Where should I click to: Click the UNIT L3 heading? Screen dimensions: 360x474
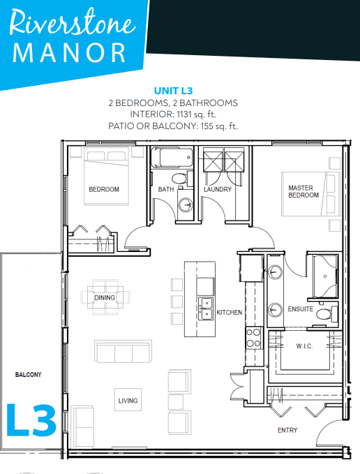tap(173, 91)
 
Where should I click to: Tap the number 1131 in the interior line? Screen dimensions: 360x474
tap(184, 114)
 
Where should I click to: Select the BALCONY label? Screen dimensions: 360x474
tap(29, 375)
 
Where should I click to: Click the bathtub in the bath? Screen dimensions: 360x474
tap(172, 157)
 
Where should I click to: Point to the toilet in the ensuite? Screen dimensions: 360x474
tap(327, 314)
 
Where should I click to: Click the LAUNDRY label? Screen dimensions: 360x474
tap(218, 190)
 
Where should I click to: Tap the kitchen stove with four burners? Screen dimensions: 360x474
tap(254, 338)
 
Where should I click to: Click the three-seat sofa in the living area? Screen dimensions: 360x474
tap(123, 351)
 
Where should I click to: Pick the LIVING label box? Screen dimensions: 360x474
tap(128, 399)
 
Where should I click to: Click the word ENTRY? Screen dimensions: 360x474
tap(287, 430)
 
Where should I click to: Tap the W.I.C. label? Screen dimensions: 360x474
tap(304, 346)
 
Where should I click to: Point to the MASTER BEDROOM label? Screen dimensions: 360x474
tap(303, 192)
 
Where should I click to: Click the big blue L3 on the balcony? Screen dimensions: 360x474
tap(31, 420)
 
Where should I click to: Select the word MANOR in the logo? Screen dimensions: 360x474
tap(69, 53)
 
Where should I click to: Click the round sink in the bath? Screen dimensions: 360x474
tap(185, 205)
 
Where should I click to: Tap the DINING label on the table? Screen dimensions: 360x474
tap(105, 298)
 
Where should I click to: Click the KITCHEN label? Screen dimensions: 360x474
tap(230, 312)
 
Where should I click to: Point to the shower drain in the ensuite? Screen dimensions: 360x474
tap(325, 276)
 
